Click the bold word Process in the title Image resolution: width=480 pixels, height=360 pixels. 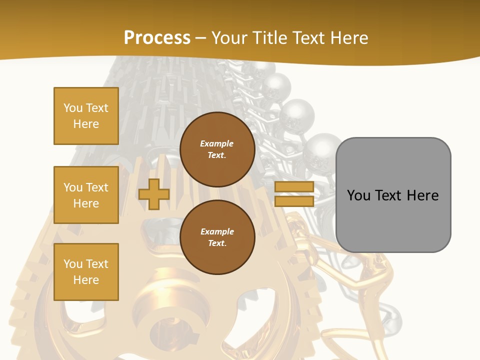[x=157, y=37]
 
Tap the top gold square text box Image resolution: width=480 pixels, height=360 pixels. [x=86, y=116]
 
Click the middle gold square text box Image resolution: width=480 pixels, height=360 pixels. [x=86, y=195]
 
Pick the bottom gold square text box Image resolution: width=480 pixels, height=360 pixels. [x=86, y=271]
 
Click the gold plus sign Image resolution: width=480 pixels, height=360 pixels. [x=153, y=194]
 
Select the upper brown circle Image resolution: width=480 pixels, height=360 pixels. [x=217, y=149]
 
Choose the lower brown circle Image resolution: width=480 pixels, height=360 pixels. [x=217, y=237]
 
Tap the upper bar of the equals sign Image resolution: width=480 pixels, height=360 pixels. [x=294, y=187]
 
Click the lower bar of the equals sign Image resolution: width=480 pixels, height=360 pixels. [x=294, y=201]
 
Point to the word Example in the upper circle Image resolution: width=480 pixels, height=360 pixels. [x=217, y=143]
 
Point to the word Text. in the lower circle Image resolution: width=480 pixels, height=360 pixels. [x=217, y=243]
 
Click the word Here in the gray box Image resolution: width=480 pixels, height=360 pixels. [x=423, y=195]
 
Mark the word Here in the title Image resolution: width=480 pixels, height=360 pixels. [x=348, y=37]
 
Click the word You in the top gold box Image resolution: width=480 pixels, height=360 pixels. [x=72, y=108]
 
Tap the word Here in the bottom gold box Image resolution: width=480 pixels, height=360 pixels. [x=86, y=280]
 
